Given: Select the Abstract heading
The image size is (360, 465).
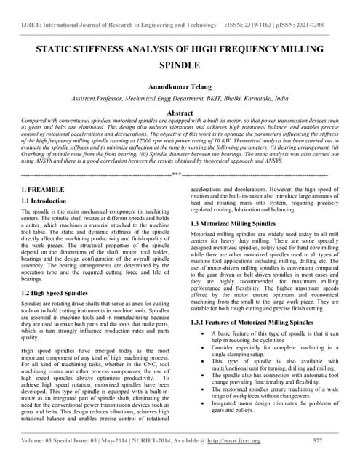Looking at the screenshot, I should pos(180,113).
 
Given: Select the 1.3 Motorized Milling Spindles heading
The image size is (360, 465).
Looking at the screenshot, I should pos(233,224).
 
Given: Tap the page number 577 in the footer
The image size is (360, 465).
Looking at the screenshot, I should pos(317,440).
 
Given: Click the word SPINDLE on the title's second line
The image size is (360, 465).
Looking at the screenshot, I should pos(180,65).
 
